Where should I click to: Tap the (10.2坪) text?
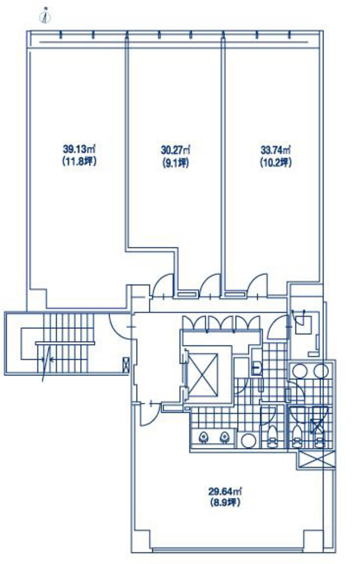pos(275,163)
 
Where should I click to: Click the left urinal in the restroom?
pos(203,437)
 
